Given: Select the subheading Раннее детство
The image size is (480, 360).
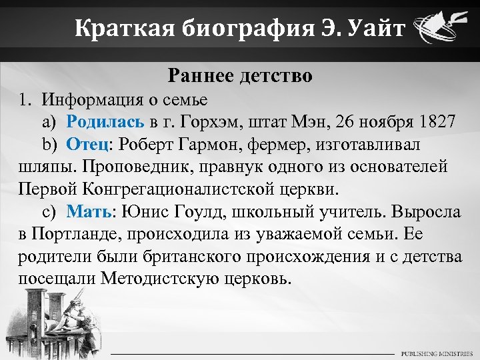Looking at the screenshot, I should point(240,76).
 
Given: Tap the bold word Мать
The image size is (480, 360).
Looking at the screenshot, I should point(89,211).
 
